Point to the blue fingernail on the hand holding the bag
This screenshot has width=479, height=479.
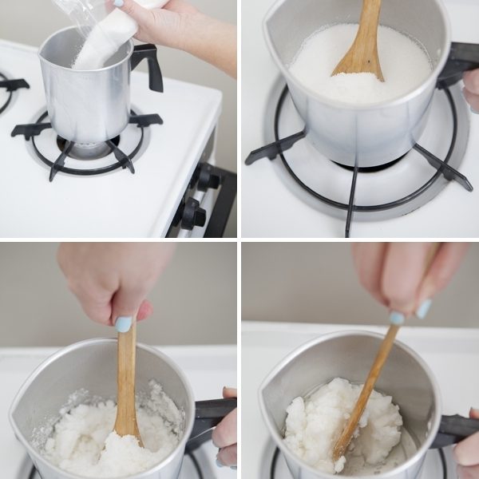tap(118, 3)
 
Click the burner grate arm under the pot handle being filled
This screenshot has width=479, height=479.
tap(144, 120)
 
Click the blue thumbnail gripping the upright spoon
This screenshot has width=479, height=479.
tap(124, 324)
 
